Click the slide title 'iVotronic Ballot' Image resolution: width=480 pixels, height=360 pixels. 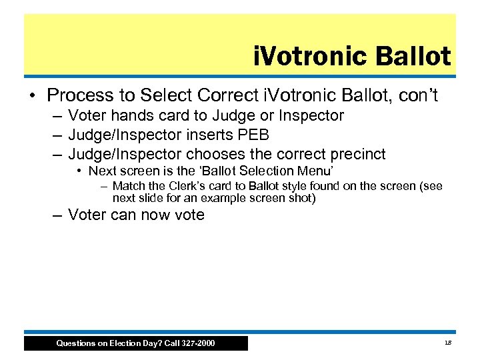pyautogui.click(x=352, y=57)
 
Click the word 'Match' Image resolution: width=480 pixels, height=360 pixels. pyautogui.click(x=127, y=187)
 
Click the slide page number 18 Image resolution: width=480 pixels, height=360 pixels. pyautogui.click(x=447, y=343)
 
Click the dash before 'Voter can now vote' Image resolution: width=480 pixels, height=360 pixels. pyautogui.click(x=58, y=215)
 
